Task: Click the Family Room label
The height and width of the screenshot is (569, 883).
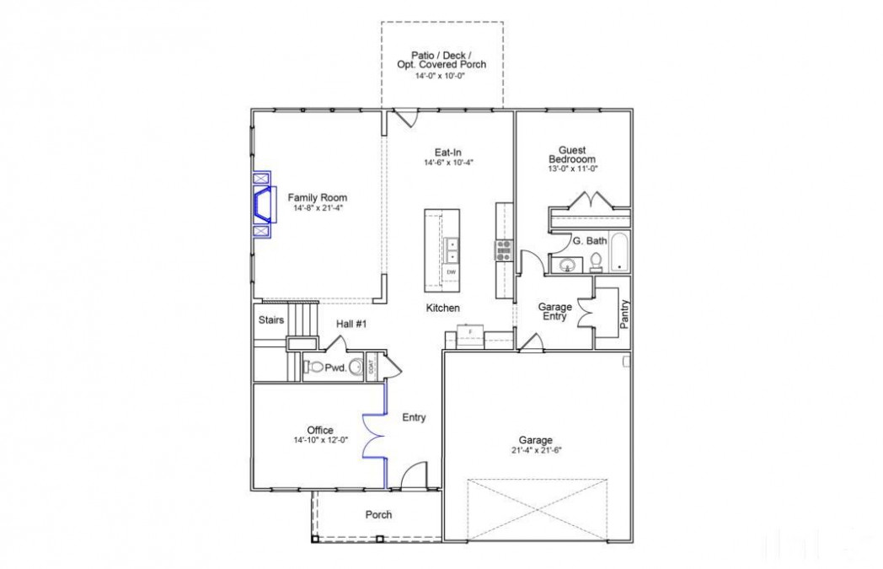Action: point(317,197)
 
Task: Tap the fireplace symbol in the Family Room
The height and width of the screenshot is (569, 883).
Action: point(263,204)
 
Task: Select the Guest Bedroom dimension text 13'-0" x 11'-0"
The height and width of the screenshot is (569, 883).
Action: point(572,169)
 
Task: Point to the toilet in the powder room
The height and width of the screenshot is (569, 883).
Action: point(313,367)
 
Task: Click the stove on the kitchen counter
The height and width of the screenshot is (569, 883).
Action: point(504,248)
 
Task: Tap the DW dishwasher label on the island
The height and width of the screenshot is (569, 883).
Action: point(452,272)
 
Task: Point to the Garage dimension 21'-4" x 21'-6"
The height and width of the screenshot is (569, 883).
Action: point(535,450)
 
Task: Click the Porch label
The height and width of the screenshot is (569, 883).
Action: point(378,514)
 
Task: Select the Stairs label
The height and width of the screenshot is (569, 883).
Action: point(270,320)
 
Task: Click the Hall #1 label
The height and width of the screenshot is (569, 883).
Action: point(351,324)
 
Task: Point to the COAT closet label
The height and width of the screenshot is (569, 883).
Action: point(372,368)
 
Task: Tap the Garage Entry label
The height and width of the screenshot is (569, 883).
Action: point(555,313)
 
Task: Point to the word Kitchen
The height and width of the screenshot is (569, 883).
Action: point(442,309)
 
